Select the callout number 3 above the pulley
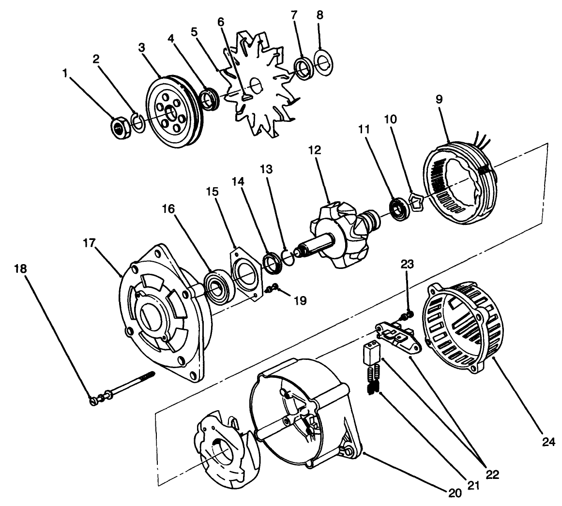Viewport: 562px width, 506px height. [x=141, y=47]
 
